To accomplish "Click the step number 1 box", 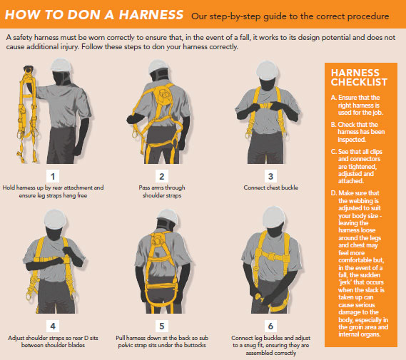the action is click(53, 176).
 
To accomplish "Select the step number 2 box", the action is click(162, 176).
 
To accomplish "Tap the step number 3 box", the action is click(270, 176).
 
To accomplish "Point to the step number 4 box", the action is click(53, 326).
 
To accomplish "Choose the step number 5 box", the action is click(162, 326).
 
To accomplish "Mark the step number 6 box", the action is click(270, 326).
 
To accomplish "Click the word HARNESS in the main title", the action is click(151, 14).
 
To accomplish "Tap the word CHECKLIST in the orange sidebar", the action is click(359, 82).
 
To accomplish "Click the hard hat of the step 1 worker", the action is click(61, 65).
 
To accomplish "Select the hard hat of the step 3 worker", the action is click(267, 71).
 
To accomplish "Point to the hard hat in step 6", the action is click(274, 217).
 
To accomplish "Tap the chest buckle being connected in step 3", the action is click(265, 106).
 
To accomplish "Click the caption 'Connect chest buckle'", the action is click(270, 187).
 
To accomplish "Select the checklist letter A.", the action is click(333, 98).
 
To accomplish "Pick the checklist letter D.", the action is click(334, 193).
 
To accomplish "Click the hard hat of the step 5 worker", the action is click(168, 216).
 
